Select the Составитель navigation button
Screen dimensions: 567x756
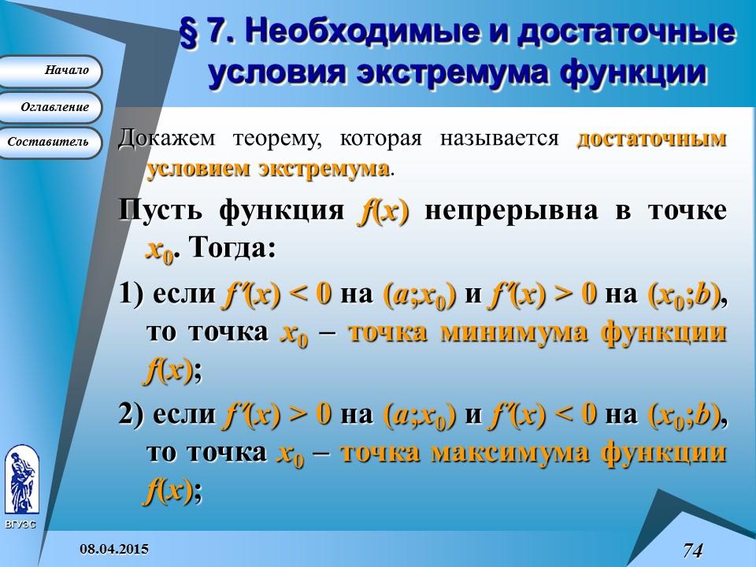50,143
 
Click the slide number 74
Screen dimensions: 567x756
692,550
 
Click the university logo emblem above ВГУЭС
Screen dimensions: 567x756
21,480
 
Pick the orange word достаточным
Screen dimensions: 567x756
651,139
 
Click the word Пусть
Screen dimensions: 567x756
161,212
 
